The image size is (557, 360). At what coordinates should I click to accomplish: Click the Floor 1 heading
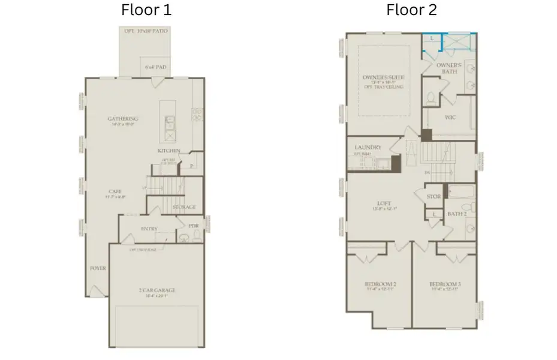pos(146,10)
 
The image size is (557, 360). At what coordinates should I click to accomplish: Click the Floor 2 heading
pos(411,10)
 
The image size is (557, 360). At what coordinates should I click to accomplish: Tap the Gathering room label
pos(123,119)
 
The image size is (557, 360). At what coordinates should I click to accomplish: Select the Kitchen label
pos(169,150)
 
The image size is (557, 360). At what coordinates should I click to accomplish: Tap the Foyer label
pos(98,268)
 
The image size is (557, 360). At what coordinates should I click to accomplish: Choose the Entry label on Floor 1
pos(149,229)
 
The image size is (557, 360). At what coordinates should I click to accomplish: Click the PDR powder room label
pos(193,226)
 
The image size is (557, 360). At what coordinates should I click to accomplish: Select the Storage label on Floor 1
pos(184,207)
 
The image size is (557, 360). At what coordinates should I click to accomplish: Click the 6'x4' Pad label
pos(156,67)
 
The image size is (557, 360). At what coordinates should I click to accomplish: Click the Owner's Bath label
pos(448,68)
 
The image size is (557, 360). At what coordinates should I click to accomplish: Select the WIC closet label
pos(450,117)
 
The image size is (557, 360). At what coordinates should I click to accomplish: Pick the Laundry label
pos(368,147)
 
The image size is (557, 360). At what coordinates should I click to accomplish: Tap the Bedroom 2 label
pos(381,284)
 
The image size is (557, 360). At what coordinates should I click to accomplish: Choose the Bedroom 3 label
pos(444,284)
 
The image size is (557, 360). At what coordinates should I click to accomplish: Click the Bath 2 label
pos(457,213)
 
